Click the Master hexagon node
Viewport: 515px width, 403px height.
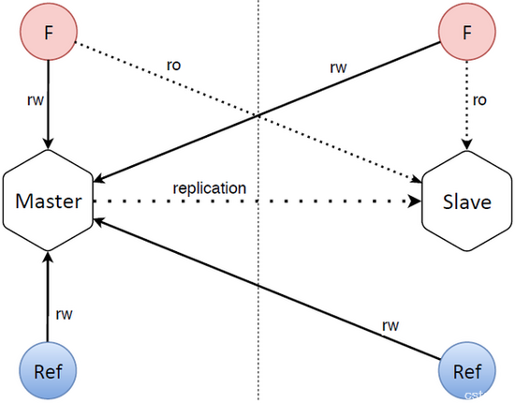tap(49, 201)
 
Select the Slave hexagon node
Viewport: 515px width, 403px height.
tap(466, 201)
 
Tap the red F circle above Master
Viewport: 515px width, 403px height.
tap(49, 32)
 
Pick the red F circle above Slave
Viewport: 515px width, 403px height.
tap(466, 32)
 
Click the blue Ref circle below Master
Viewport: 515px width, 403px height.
tap(48, 370)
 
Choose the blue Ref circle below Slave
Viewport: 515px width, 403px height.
tap(466, 370)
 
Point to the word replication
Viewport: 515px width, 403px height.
tap(210, 188)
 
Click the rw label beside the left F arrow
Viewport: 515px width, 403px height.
tap(36, 99)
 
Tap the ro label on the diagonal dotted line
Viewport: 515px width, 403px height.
tap(174, 65)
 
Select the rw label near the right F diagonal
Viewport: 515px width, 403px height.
tap(338, 67)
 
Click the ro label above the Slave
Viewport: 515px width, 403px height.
tap(479, 100)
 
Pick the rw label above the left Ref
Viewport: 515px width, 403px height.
tap(64, 314)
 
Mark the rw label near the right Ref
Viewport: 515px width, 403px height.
tap(390, 325)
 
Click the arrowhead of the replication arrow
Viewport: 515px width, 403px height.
tap(415, 201)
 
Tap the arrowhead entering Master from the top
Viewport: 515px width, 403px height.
tap(49, 143)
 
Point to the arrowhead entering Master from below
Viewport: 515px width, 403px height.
tap(49, 258)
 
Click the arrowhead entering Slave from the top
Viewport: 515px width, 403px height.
tap(466, 144)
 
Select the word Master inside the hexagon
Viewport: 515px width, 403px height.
tap(49, 201)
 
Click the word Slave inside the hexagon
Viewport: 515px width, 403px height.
tap(466, 201)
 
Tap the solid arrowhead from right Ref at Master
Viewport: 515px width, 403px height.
tap(99, 221)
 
